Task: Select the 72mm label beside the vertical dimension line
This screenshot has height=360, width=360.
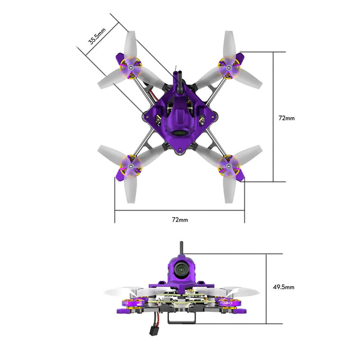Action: [287, 118]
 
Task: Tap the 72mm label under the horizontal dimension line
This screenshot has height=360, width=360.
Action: [180, 220]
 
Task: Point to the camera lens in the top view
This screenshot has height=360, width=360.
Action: [180, 134]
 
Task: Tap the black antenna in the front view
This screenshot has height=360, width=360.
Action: [181, 248]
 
